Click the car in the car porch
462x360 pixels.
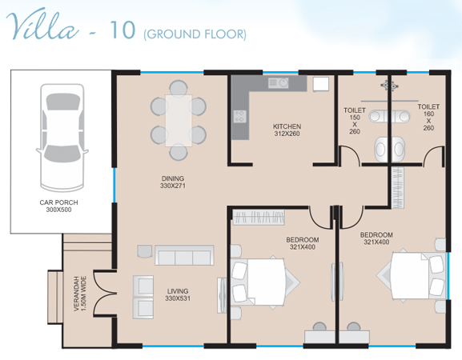(x=62, y=138)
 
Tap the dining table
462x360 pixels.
(x=179, y=120)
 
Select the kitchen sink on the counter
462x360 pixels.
(x=278, y=82)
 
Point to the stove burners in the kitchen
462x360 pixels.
(x=240, y=116)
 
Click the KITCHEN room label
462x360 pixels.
(x=287, y=126)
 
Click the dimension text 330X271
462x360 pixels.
(x=173, y=186)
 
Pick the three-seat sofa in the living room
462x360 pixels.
(x=184, y=255)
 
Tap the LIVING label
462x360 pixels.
(x=178, y=291)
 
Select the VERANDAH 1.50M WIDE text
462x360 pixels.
(x=80, y=294)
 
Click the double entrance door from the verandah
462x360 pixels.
(x=106, y=294)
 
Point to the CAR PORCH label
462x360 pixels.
(x=59, y=202)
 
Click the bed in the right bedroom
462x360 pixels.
(x=412, y=275)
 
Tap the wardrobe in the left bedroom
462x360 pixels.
(x=259, y=218)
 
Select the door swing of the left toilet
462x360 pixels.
(x=350, y=156)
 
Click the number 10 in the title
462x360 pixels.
(x=123, y=30)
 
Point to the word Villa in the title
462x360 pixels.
(x=42, y=24)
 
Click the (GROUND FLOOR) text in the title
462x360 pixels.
(x=195, y=34)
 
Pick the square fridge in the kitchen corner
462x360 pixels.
(x=320, y=84)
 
